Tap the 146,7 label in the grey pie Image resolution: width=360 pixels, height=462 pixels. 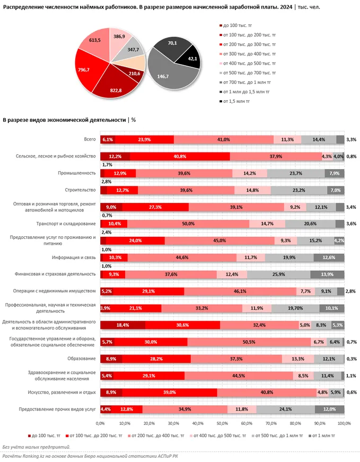tap(162, 77)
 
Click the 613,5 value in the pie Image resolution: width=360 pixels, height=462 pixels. tap(95, 40)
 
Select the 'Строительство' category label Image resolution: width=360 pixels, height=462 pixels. tap(79, 190)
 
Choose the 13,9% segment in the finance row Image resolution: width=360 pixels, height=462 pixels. tap(327, 274)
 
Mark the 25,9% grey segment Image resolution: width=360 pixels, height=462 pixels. tap(278, 274)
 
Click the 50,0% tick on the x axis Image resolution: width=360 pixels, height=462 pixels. tap(222, 423)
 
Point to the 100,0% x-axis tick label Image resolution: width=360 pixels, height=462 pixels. tap(344, 423)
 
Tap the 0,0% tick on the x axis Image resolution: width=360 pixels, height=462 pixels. tap(100, 423)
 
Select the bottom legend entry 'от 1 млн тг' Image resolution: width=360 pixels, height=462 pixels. tap(321, 435)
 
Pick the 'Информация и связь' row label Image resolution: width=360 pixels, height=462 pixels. tap(73, 257)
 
